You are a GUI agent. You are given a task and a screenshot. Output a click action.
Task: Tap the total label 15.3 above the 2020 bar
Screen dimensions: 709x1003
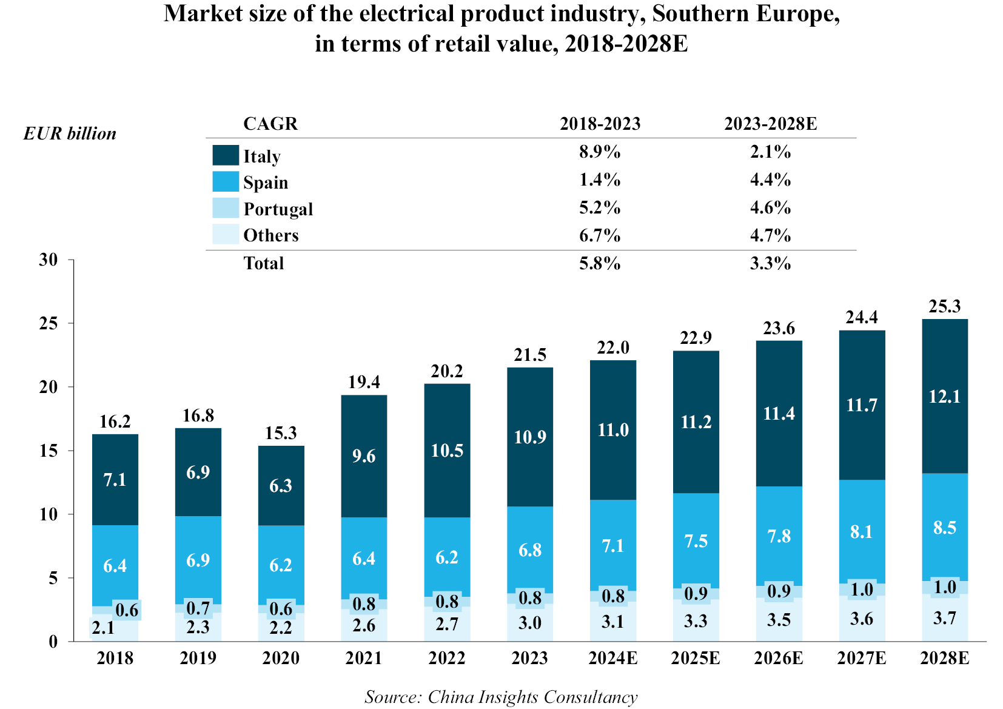[x=281, y=433]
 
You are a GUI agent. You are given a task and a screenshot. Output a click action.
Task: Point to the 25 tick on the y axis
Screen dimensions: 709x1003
[x=49, y=323]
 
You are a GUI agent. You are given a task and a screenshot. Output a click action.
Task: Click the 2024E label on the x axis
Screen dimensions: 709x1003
[x=612, y=658]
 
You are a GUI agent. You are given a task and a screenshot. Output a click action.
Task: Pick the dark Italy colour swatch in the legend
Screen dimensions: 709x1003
[x=226, y=155]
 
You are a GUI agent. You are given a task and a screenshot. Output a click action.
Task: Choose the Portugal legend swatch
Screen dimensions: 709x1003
[x=226, y=208]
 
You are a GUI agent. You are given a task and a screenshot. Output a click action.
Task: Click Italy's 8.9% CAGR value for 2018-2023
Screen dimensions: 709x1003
[x=599, y=152]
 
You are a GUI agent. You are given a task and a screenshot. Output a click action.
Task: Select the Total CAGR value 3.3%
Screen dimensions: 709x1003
[x=770, y=263]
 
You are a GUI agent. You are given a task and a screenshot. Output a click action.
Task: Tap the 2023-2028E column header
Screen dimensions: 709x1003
[x=770, y=124]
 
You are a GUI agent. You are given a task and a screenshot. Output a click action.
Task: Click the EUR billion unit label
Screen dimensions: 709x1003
[x=70, y=133]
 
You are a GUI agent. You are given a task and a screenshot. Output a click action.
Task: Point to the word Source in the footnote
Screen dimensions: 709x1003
[x=392, y=697]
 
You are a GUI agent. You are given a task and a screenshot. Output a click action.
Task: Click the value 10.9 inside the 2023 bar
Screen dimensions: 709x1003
[x=530, y=437]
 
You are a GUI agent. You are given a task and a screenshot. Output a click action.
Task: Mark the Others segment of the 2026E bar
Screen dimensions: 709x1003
[x=779, y=620]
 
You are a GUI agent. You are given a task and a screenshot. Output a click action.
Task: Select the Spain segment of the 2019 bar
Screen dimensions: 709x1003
[x=198, y=559]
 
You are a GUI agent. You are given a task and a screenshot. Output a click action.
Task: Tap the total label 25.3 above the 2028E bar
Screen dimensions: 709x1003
[x=944, y=306]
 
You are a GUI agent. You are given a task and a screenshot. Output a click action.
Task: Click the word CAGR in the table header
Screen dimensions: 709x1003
[x=270, y=124]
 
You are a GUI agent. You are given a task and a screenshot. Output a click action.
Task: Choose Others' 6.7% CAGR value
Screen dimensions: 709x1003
[x=599, y=235]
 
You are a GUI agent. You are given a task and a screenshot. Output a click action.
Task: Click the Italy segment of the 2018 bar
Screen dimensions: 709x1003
[x=115, y=480]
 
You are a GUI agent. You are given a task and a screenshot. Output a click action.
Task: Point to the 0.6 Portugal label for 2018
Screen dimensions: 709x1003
[x=127, y=610]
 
